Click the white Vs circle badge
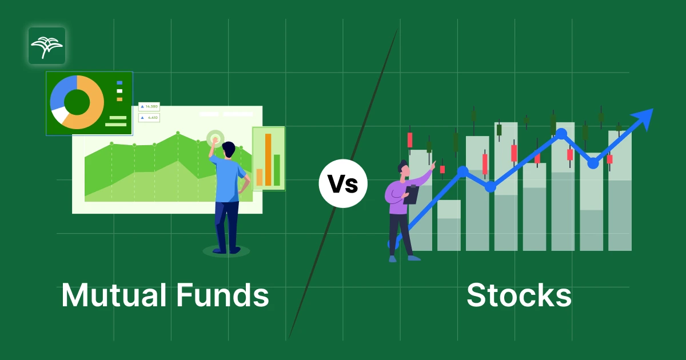(x=343, y=183)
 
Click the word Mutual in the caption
(x=114, y=295)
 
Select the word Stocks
(x=519, y=295)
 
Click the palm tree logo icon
(x=47, y=46)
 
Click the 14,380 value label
(x=149, y=106)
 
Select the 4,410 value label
(x=149, y=118)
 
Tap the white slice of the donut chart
(x=59, y=114)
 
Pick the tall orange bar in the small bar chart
(x=268, y=159)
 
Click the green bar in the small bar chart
(x=277, y=170)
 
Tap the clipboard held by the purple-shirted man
(x=411, y=195)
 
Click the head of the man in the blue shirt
(x=229, y=149)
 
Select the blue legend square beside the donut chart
(x=119, y=83)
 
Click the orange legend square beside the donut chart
(x=119, y=99)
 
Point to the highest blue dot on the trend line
(x=561, y=134)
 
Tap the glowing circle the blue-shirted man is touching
(x=216, y=139)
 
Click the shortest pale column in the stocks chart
(x=449, y=225)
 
